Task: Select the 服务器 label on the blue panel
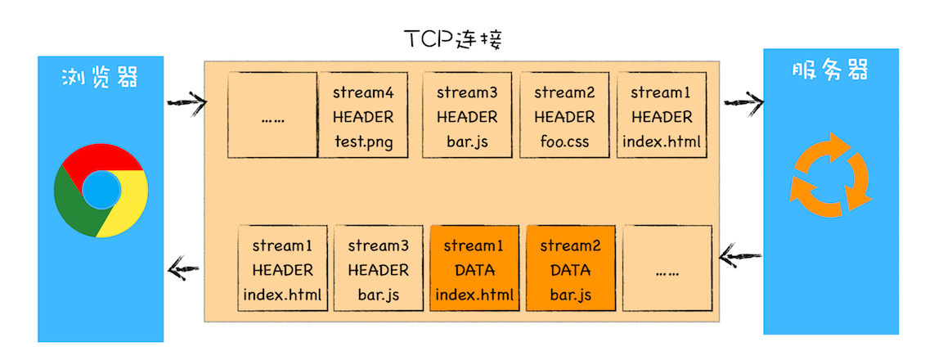pyautogui.click(x=829, y=71)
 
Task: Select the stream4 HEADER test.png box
pyautogui.click(x=363, y=115)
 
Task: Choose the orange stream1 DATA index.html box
pyautogui.click(x=474, y=269)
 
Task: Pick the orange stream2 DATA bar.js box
pyautogui.click(x=570, y=269)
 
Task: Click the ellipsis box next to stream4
pyautogui.click(x=272, y=115)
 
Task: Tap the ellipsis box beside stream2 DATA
pyautogui.click(x=667, y=269)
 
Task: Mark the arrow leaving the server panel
pyautogui.click(x=739, y=259)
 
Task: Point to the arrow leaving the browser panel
pyautogui.click(x=186, y=102)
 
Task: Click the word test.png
pyautogui.click(x=363, y=142)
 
